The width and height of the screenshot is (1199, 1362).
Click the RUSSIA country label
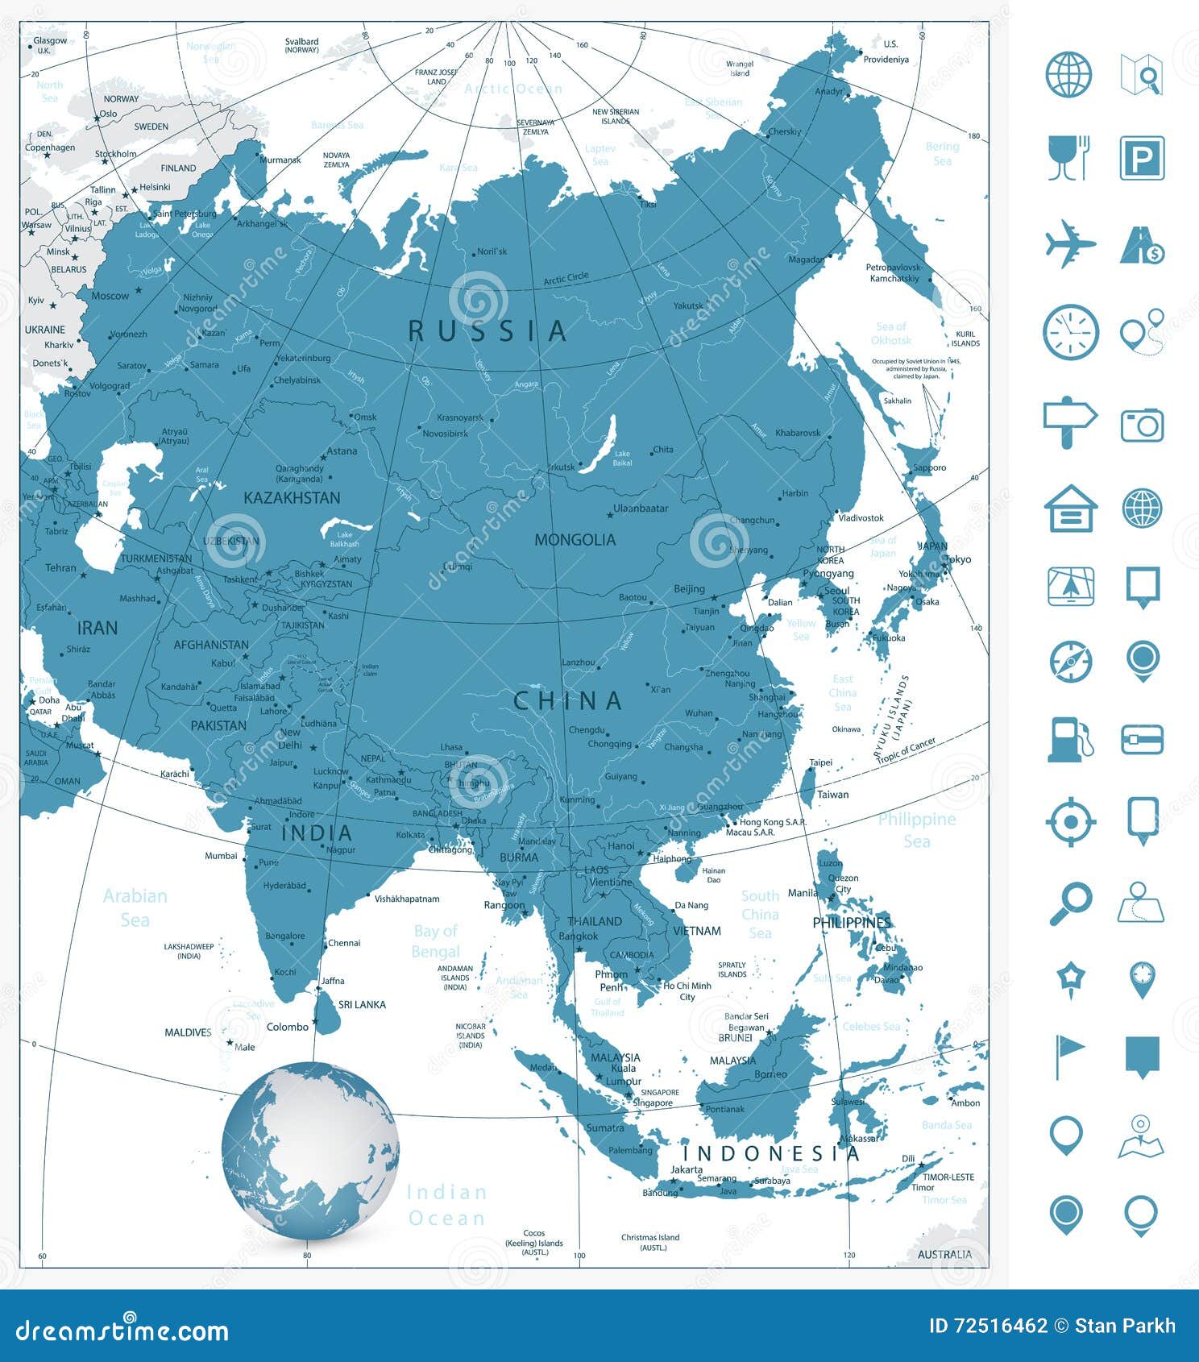tap(487, 330)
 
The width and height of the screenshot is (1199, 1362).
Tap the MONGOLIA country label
tap(575, 540)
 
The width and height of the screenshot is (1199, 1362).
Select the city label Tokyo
tap(957, 559)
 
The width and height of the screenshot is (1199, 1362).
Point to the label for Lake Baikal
tap(622, 459)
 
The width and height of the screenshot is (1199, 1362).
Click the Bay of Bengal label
tap(435, 941)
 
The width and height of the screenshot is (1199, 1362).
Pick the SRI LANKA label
tap(362, 1005)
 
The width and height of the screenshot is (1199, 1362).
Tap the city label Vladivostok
tap(861, 518)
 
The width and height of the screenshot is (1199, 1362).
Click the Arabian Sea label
tap(135, 907)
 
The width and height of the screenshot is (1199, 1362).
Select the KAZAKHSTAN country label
tap(292, 498)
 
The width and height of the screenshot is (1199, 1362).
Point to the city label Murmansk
tap(280, 160)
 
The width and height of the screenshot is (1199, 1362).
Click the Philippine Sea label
tap(916, 830)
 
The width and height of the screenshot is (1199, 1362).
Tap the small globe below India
tap(310, 1150)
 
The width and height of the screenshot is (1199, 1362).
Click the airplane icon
tap(1070, 243)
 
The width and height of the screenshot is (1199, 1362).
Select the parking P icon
tap(1142, 159)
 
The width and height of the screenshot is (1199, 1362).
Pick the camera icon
tap(1142, 425)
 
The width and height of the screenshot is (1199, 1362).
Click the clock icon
tap(1070, 332)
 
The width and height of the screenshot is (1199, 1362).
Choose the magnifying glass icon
tap(1070, 904)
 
